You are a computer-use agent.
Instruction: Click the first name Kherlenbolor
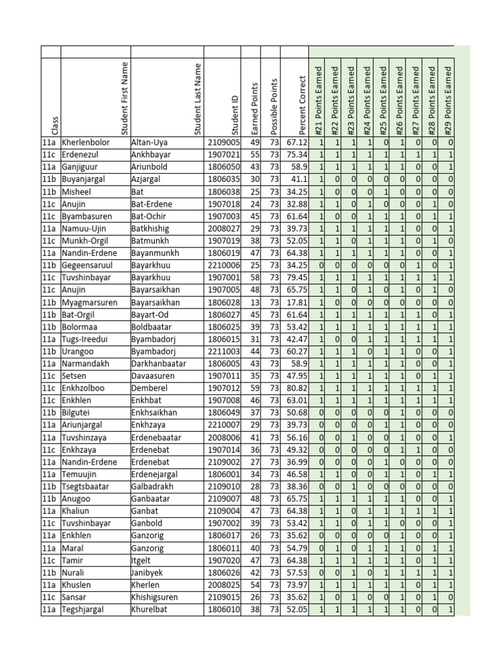pos(87,142)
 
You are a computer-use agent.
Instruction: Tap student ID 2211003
pos(224,351)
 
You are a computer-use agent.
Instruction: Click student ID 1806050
pos(224,167)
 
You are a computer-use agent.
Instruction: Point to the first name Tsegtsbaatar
pos(86,486)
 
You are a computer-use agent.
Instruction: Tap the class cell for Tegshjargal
pos(50,609)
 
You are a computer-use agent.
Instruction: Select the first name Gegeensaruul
pos(89,265)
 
